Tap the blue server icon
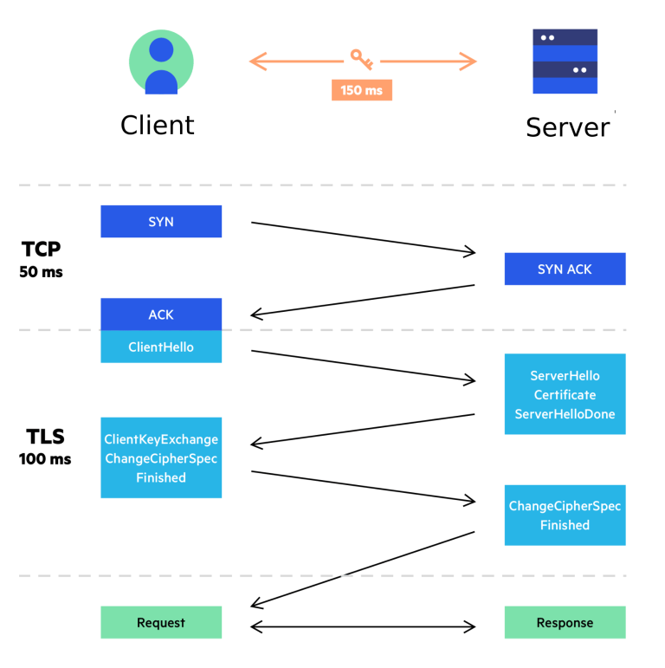point(565,62)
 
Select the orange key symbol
point(361,59)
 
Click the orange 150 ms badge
point(361,90)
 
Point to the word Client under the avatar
point(158,126)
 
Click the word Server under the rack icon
point(567,128)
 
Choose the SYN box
point(161,222)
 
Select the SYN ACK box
point(565,269)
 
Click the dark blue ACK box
point(161,315)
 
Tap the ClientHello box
point(161,347)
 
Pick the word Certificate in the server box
point(565,395)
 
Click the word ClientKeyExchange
point(161,440)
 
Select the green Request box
point(161,623)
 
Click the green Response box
point(565,623)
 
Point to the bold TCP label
point(42,250)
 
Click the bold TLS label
point(44,437)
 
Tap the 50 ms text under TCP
point(42,273)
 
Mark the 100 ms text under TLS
point(45,459)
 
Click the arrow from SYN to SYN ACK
point(364,237)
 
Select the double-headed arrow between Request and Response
point(364,626)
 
